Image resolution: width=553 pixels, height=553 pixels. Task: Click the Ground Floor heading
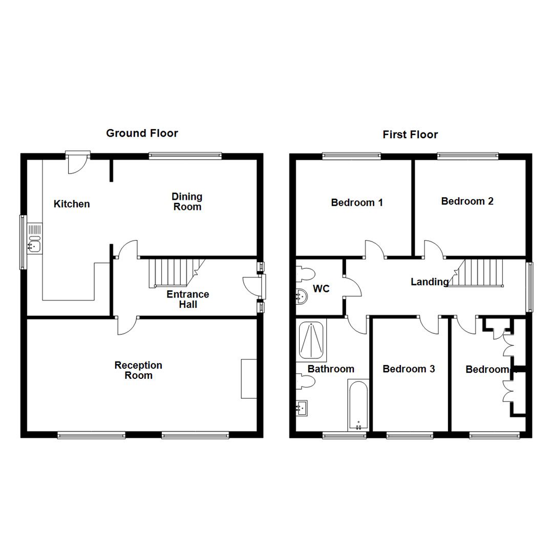tap(142, 134)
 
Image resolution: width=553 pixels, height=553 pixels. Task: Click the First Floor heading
tap(410, 135)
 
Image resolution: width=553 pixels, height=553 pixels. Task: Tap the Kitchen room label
tap(72, 204)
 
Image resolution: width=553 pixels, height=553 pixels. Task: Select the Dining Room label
tap(187, 202)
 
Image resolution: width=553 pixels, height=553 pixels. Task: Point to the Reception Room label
tap(138, 370)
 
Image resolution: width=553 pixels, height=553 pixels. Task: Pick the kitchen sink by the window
tap(35, 238)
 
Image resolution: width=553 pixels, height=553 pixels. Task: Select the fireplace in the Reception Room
tap(249, 378)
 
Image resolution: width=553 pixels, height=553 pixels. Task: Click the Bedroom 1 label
tap(357, 202)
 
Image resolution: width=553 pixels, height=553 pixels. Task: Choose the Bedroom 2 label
tap(467, 201)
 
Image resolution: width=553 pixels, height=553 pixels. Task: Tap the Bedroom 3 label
tap(409, 369)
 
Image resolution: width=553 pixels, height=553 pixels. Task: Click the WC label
tap(321, 289)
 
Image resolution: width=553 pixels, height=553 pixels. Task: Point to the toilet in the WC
tap(306, 273)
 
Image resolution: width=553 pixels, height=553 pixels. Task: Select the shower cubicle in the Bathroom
tap(312, 341)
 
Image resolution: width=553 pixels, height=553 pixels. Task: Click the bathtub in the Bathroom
tap(358, 405)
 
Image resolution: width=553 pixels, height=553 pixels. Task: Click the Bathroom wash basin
tap(302, 408)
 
